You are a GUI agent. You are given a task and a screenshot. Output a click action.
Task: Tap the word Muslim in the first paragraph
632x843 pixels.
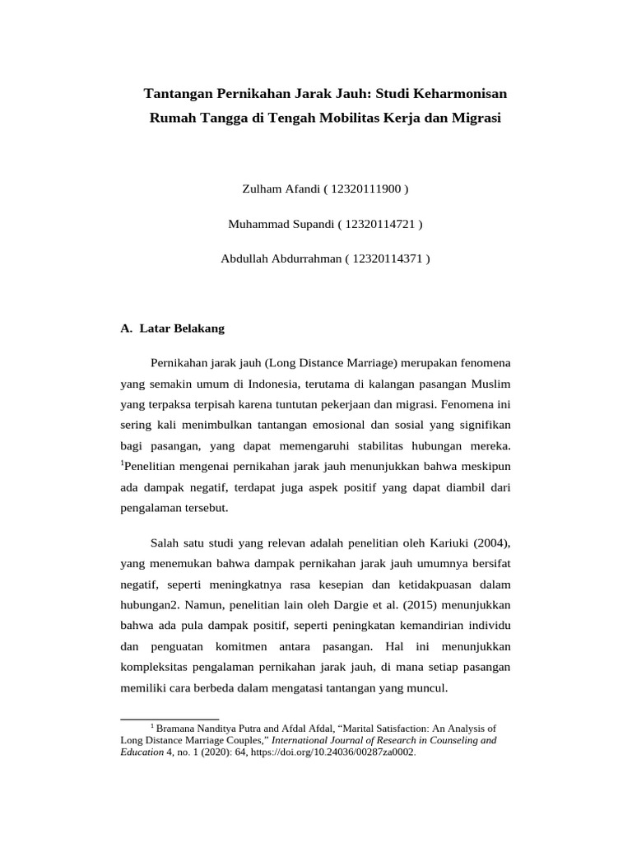[491, 383]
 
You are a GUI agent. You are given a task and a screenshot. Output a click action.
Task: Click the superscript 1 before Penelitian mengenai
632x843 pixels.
[122, 463]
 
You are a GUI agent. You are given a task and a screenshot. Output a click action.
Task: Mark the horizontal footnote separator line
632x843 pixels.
[170, 719]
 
